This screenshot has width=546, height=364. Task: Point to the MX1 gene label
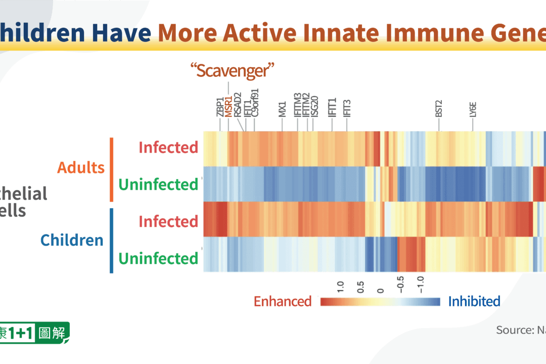click(283, 109)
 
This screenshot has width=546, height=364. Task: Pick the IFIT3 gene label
click(347, 108)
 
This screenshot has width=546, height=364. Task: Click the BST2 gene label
click(439, 109)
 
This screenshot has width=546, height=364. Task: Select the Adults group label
click(81, 167)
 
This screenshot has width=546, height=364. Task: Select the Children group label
click(72, 240)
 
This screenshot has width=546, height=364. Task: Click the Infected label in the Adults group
click(168, 148)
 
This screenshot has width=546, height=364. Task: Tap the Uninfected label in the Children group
click(158, 258)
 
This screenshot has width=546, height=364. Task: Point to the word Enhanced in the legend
click(283, 302)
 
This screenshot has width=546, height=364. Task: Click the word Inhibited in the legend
click(474, 302)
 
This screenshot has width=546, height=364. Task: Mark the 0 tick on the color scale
click(381, 291)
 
